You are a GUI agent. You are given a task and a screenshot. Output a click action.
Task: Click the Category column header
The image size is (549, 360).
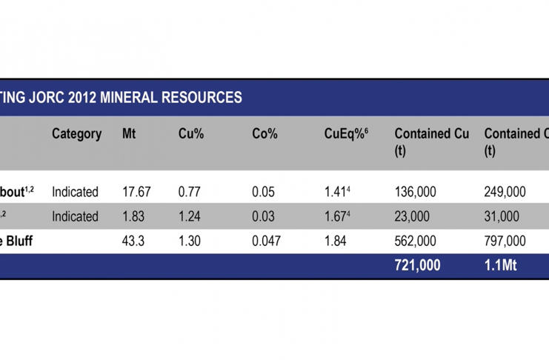tap(76, 134)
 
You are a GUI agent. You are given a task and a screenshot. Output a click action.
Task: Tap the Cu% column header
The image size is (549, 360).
tap(191, 134)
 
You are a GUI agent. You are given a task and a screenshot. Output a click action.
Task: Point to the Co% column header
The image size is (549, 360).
tap(264, 134)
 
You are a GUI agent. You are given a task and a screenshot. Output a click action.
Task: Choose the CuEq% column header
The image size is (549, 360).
tap(346, 134)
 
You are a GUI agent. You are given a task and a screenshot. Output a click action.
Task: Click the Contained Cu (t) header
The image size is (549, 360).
tap(432, 141)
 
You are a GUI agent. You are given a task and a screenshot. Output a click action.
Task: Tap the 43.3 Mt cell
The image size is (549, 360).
tap(133, 241)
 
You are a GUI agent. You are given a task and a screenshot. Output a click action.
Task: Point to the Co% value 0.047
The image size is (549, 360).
tap(267, 241)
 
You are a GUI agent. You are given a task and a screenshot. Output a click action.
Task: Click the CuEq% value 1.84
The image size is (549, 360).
tap(336, 241)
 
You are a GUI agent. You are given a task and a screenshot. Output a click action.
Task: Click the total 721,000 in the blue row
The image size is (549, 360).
tap(417, 265)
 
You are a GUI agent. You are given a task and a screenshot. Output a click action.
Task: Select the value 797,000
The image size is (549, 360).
tap(506, 241)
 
